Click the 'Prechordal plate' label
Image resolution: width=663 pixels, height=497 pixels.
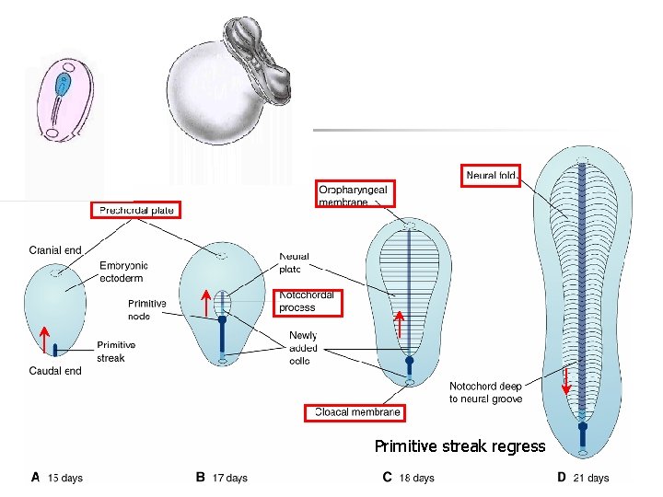[136, 210]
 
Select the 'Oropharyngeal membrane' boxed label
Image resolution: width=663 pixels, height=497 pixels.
[355, 194]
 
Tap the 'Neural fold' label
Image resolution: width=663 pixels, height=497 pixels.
[493, 176]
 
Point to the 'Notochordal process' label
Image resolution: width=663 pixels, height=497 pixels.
[308, 302]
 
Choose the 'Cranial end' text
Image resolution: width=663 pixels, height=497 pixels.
[55, 249]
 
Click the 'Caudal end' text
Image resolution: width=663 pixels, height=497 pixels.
[55, 371]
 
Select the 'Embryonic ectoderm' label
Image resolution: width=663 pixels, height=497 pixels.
[122, 272]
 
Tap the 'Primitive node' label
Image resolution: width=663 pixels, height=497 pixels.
[147, 309]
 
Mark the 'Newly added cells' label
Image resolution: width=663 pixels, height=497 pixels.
[303, 348]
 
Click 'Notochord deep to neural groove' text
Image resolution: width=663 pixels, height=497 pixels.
[485, 392]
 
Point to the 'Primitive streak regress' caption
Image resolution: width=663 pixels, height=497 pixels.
[459, 446]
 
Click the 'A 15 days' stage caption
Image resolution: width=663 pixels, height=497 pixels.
[57, 478]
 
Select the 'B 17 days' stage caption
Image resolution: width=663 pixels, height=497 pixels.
[222, 478]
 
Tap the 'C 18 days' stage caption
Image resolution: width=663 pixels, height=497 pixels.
[408, 478]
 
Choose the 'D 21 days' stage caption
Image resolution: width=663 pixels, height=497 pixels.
[583, 478]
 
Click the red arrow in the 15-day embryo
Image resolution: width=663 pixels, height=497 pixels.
[43, 339]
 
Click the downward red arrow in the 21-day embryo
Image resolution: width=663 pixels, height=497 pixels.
[565, 380]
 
